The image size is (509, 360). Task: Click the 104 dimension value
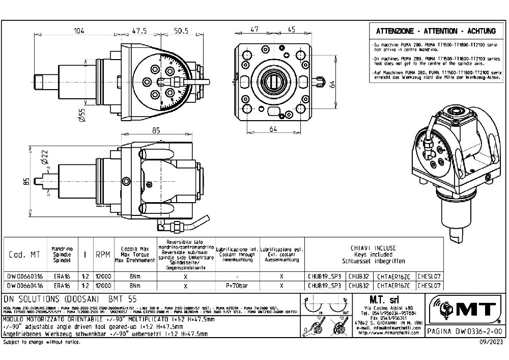point(79,31)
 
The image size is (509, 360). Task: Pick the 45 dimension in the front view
point(292,30)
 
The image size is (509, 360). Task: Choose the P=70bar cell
point(238,286)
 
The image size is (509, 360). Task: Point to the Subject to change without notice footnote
point(42,342)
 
